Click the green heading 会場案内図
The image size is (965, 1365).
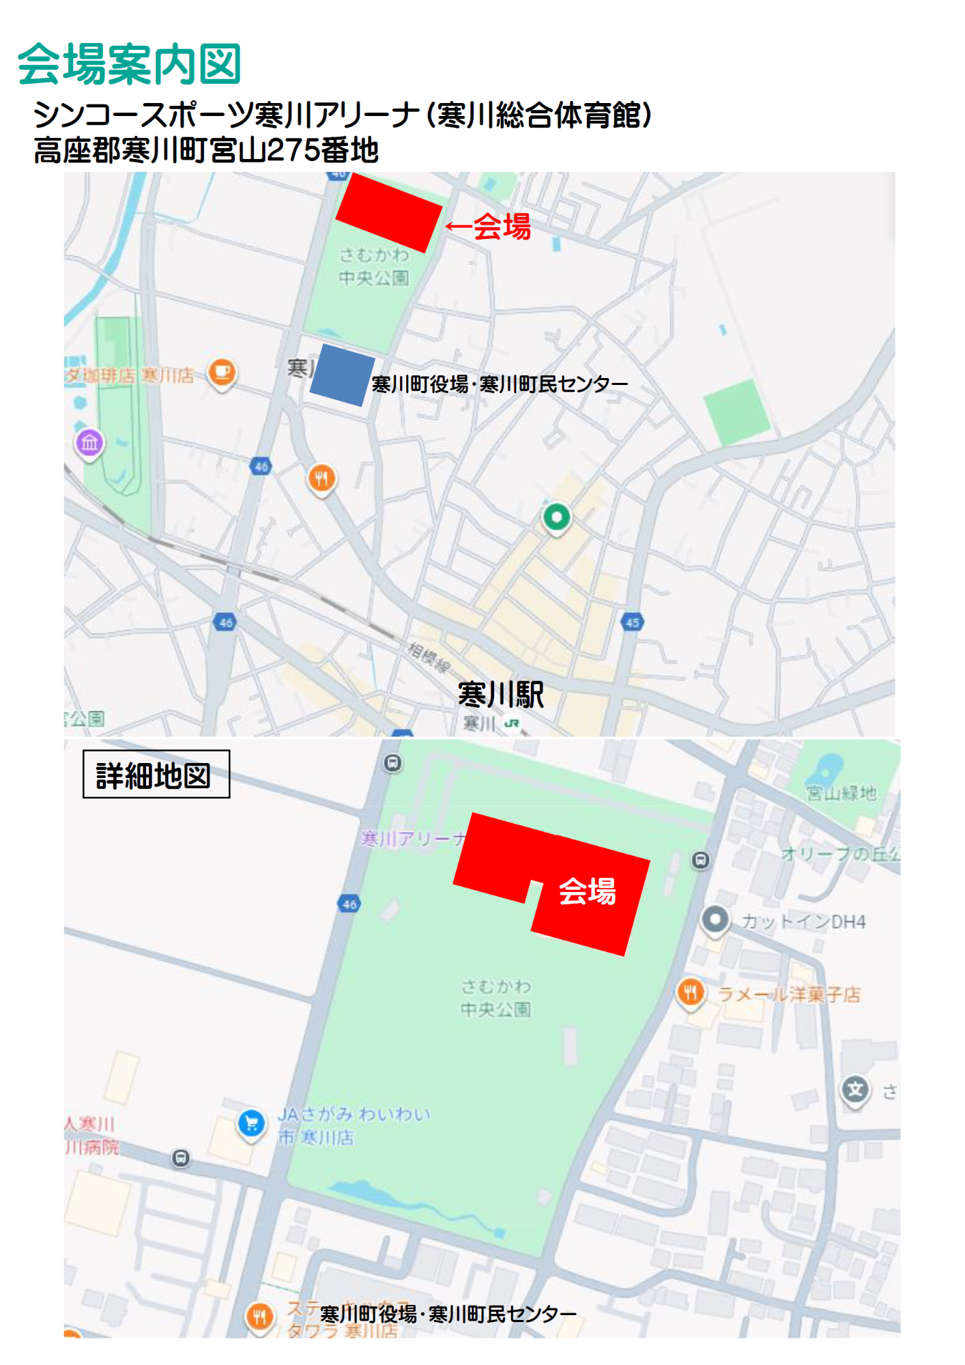coord(129,65)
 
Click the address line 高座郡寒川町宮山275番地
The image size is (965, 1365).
coord(206,151)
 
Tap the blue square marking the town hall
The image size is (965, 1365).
coord(342,375)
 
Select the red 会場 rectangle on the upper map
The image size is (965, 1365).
coord(388,212)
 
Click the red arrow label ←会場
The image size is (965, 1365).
coord(489,227)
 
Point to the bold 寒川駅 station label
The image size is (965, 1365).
coord(501,695)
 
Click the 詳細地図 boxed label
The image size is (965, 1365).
coord(156,775)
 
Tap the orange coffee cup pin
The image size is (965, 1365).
coord(222,373)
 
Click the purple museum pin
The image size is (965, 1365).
coord(89,443)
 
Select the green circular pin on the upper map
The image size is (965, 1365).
coord(556,517)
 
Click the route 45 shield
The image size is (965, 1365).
coord(632,622)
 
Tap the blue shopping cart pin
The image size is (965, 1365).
coord(251,1122)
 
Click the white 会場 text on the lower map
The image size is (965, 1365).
coord(587,891)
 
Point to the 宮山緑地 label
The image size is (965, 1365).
coord(841,792)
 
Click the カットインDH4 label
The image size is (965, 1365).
coord(803,922)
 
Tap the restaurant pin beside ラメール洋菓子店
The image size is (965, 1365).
coord(691,992)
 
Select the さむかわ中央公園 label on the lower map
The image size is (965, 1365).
coord(495,998)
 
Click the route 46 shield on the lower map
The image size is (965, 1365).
coord(349,904)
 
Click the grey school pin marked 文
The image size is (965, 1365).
coord(855,1089)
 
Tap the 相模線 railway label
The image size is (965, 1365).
coord(429,657)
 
